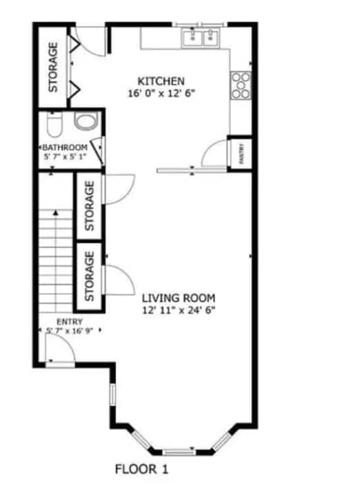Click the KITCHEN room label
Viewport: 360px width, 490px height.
tap(161, 81)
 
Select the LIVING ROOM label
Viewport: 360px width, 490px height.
tap(179, 298)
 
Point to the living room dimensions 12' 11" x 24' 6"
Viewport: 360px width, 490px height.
tap(179, 310)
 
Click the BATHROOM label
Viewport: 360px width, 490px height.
tap(65, 147)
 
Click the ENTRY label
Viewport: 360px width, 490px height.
tap(70, 321)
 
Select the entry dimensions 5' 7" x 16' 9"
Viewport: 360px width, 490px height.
tap(70, 331)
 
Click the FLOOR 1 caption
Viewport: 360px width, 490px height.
tap(141, 470)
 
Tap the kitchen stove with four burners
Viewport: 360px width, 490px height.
tap(241, 85)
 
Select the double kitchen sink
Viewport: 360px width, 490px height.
tap(201, 37)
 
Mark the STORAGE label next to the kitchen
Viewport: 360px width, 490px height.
tap(52, 67)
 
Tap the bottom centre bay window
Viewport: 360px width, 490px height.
tap(180, 452)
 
